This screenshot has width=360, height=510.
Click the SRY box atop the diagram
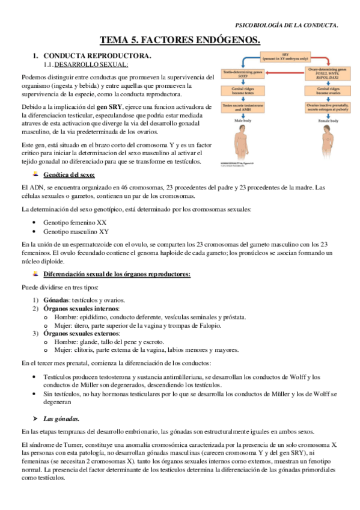(x=284, y=57)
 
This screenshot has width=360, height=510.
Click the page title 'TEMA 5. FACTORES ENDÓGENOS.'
(x=180, y=40)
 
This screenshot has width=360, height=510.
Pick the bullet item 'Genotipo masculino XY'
(x=76, y=231)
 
